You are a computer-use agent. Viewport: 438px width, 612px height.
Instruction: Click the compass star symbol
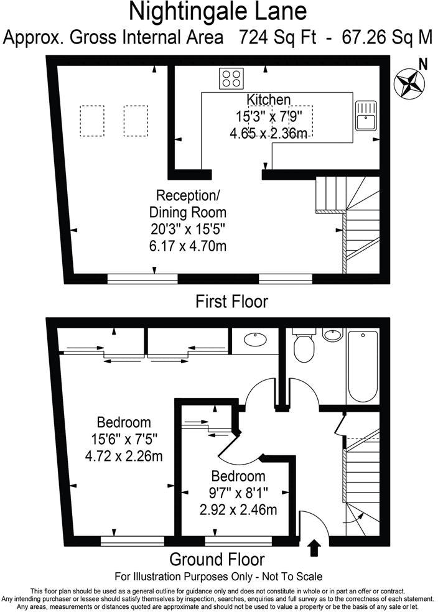tap(408, 83)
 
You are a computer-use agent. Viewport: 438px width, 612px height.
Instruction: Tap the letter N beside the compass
tap(423, 63)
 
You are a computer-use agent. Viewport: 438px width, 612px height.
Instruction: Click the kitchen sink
tap(365, 116)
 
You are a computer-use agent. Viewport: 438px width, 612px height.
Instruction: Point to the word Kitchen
tap(268, 100)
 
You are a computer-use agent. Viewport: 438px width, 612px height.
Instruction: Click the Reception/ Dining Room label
tap(187, 203)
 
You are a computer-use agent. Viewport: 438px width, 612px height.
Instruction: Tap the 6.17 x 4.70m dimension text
tap(187, 246)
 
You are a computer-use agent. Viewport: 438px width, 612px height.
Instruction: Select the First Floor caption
tap(231, 302)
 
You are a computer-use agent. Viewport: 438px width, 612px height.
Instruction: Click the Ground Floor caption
tap(217, 559)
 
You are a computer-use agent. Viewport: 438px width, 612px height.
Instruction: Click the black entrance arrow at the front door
tap(314, 547)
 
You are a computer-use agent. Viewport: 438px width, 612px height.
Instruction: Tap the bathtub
tap(362, 366)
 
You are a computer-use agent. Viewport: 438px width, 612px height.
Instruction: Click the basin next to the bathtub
tap(333, 336)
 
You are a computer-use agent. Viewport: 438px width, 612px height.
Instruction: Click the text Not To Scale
tap(292, 576)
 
